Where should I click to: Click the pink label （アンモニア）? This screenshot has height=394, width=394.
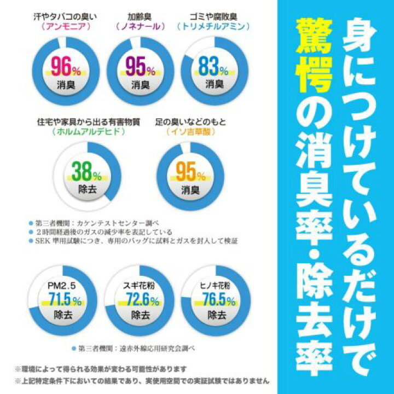coord(65,25)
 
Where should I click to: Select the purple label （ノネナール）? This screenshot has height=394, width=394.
coord(139,25)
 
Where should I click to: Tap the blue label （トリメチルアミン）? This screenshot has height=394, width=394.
coord(213,25)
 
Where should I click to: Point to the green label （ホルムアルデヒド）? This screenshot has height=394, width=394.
coord(87,132)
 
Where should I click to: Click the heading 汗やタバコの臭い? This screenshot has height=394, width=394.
coord(65,15)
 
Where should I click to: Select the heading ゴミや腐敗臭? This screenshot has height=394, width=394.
coord(213,15)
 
